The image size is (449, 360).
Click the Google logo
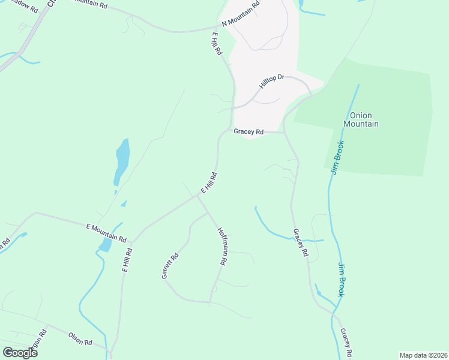20,353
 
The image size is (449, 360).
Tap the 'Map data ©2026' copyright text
423,355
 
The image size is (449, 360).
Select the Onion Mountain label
361,119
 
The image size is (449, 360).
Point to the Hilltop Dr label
271,82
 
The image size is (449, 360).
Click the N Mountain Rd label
241,13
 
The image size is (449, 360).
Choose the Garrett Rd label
170,266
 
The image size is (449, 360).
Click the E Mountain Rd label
106,232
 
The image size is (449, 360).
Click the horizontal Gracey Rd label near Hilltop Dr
249,131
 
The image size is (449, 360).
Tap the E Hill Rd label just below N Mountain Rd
217,45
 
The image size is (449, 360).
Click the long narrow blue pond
121,162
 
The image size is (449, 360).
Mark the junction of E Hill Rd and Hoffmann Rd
199,196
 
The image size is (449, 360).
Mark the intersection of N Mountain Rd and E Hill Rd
218,27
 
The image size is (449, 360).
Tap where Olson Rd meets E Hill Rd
110,350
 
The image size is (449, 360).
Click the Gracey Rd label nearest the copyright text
345,343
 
